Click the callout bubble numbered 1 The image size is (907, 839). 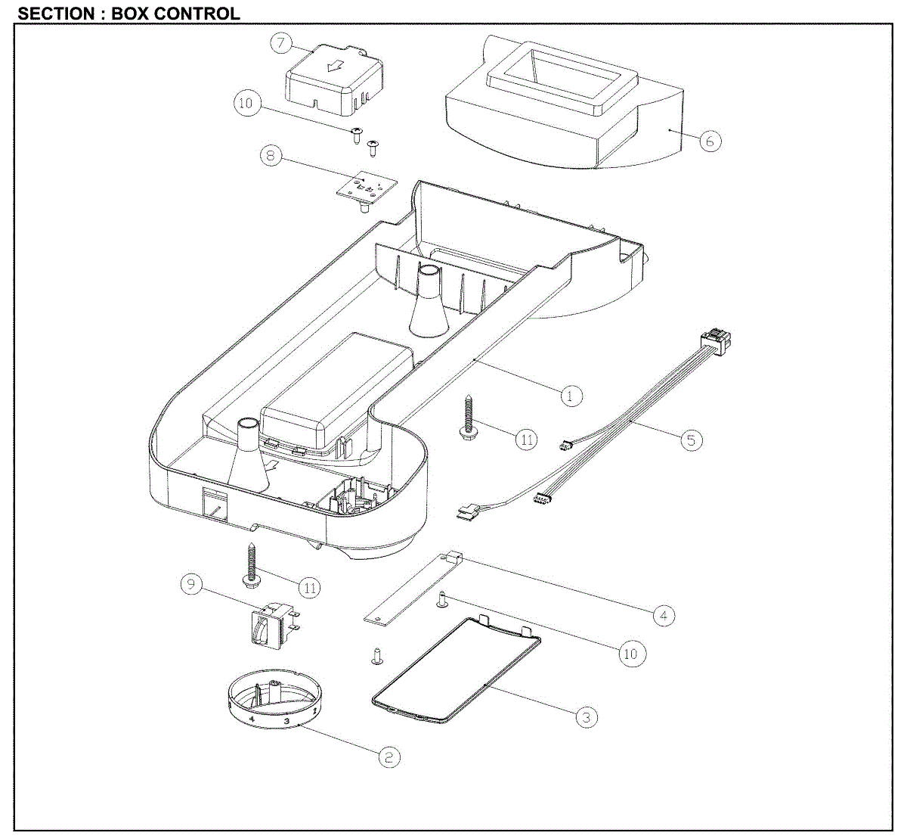[571, 395]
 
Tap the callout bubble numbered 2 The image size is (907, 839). [388, 756]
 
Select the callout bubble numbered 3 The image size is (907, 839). [587, 716]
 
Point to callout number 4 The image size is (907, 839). [663, 615]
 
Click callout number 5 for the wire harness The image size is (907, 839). [691, 439]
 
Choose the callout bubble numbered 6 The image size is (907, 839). [710, 140]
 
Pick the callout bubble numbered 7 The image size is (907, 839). [281, 43]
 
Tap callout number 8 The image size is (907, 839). [270, 156]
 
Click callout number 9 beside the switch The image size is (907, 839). [191, 584]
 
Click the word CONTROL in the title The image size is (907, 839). [197, 14]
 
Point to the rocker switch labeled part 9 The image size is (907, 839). [268, 625]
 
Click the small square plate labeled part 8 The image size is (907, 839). [367, 187]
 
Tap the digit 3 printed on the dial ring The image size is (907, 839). [286, 721]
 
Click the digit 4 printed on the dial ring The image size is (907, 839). [252, 717]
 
